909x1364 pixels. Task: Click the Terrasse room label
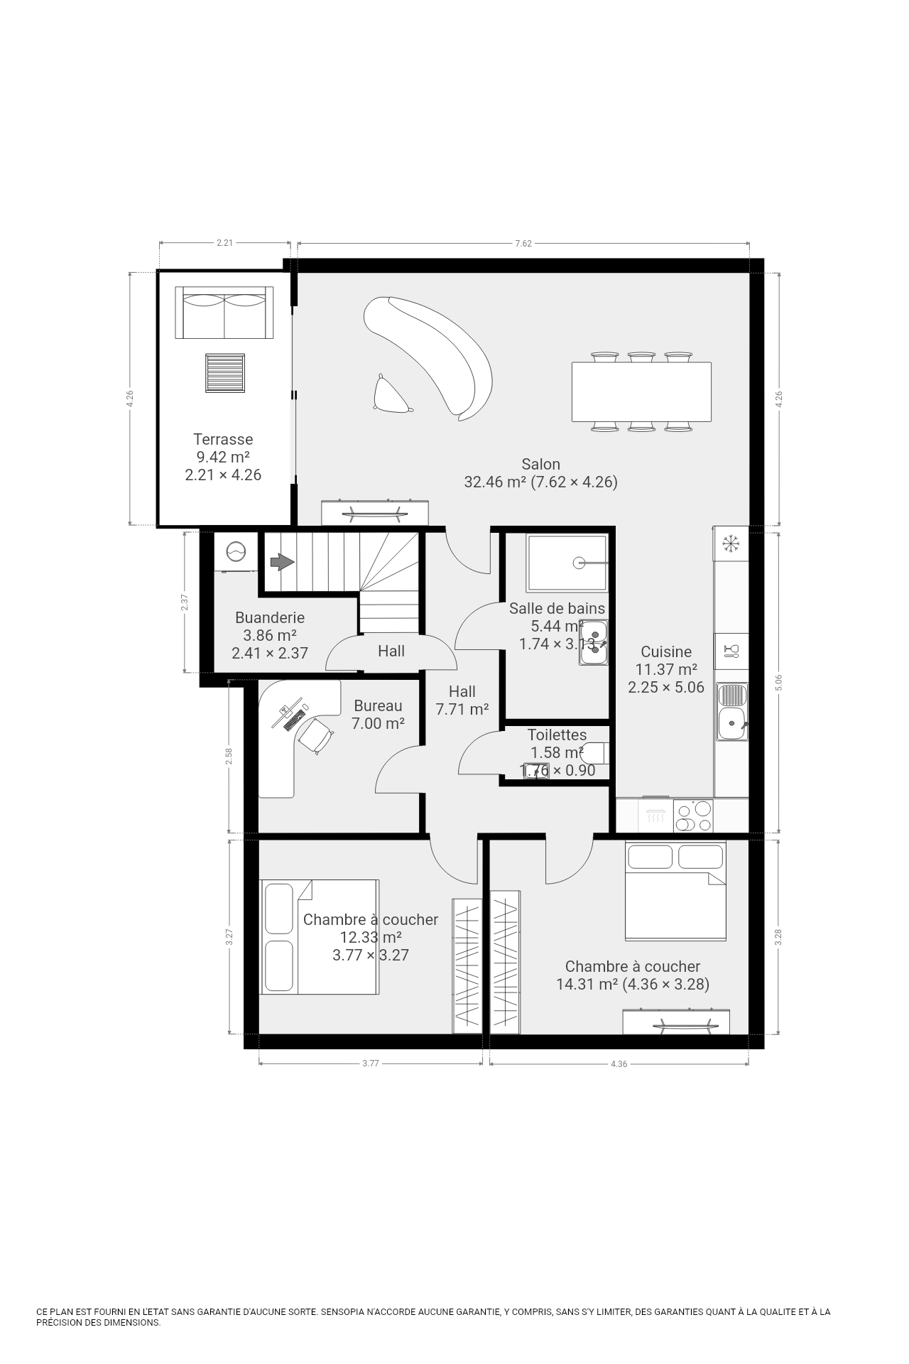(223, 439)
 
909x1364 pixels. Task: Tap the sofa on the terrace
(224, 313)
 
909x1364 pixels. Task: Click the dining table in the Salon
(641, 391)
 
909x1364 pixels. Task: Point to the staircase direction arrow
(282, 562)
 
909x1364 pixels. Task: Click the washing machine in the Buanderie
(235, 551)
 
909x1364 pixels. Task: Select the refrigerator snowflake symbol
(731, 544)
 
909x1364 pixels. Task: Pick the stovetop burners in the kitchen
(693, 816)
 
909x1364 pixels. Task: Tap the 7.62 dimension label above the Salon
(523, 243)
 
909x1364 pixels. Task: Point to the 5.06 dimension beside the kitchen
(779, 682)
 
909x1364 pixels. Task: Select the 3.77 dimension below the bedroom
(371, 1063)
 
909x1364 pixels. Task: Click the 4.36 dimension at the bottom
(619, 1063)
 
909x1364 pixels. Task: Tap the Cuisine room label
(666, 651)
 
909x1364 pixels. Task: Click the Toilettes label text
(557, 735)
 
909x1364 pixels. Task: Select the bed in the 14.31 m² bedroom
(675, 891)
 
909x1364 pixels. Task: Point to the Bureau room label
(378, 705)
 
